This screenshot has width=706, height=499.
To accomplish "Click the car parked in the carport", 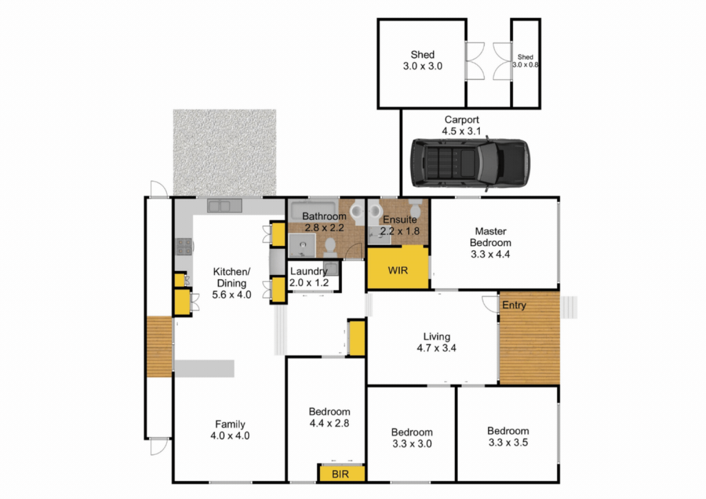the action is coord(470,163).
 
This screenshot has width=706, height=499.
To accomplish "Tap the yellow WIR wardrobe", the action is coord(398,268).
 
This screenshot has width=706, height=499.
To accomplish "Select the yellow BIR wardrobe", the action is coord(341,473).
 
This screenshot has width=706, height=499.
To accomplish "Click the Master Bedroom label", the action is coord(490,243).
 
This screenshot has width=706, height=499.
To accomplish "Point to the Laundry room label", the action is coord(309,276).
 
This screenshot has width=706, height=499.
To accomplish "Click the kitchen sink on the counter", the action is coord(224,206).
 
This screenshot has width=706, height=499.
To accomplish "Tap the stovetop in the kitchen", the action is coord(183,247).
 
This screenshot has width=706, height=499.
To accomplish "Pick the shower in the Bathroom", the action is coord(302,245).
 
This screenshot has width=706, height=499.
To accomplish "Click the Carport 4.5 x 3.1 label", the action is coord(461,125).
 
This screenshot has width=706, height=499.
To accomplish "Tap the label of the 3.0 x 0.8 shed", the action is coord(525,61).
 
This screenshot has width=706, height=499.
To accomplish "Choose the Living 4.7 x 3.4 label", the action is coord(436,342).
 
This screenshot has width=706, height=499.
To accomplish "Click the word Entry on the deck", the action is coord(514,305).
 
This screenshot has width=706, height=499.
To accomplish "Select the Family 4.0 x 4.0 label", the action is coord(230,429).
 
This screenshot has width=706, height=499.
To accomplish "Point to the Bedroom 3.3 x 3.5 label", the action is coord(508,436).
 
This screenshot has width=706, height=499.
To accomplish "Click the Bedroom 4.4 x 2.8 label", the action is coord(329,417).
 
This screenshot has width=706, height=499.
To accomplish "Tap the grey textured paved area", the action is coord(225,152).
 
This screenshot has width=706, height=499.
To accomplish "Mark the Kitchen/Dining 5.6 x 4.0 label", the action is coord(232,283).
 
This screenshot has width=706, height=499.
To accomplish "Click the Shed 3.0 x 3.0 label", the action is coord(423,60).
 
